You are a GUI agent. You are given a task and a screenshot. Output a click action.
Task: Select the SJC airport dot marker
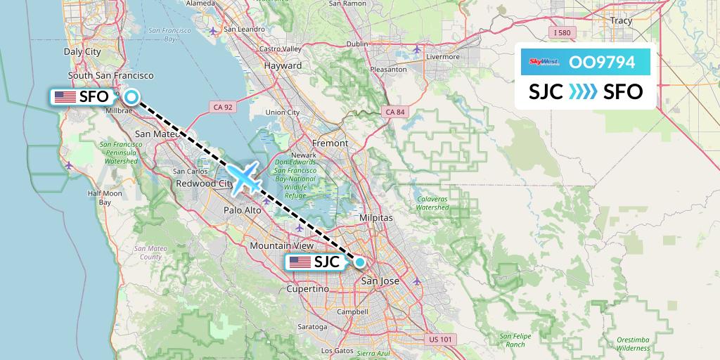360,262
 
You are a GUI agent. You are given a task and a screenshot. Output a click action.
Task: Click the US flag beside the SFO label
65,97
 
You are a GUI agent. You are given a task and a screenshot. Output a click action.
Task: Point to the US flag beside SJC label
300,262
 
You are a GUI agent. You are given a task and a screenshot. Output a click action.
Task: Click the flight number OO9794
602,63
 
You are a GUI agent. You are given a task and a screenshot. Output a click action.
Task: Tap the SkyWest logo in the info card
544,63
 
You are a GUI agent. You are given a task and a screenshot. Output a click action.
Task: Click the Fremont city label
330,143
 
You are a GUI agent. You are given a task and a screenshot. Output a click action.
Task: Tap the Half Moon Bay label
104,198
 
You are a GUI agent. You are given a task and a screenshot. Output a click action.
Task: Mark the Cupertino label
308,289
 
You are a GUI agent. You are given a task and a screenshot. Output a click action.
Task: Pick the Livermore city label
443,56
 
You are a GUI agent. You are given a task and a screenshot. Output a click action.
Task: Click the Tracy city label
622,21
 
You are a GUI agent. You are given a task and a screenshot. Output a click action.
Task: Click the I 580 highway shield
562,33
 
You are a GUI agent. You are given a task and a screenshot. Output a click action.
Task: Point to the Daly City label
82,51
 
